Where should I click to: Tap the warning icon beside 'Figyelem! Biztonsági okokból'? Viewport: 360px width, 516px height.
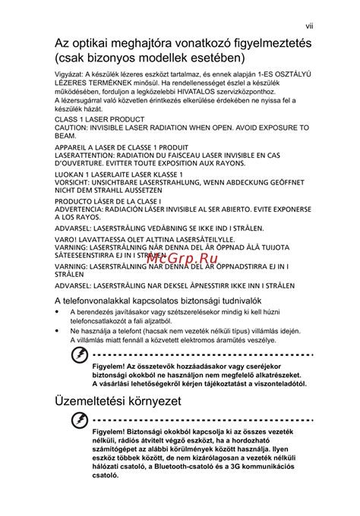click(78, 420)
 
